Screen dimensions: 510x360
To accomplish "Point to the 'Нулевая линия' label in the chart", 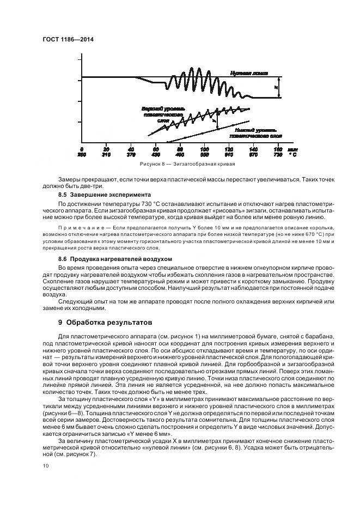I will click(249, 72).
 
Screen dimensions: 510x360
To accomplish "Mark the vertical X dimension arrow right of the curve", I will click(279, 87).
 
